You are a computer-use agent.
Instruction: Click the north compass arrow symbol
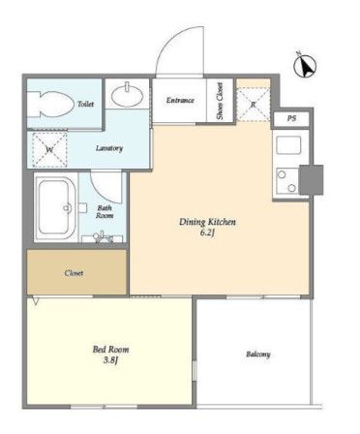(305, 66)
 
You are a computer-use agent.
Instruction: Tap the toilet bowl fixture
(50, 105)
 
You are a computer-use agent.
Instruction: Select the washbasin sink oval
(128, 95)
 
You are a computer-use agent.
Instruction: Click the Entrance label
(180, 101)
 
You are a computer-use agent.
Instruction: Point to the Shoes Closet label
(220, 101)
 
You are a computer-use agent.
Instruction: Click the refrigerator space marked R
(254, 105)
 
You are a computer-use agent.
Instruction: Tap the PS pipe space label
(291, 119)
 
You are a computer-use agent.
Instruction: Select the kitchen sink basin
(288, 145)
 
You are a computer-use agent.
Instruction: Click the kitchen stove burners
(287, 181)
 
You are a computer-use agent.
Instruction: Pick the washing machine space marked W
(49, 150)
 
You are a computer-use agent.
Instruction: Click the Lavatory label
(109, 148)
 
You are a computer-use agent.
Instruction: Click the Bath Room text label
(105, 212)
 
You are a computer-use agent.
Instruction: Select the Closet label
(74, 273)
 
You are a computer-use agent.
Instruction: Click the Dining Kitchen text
(207, 222)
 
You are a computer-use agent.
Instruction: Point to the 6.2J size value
(207, 233)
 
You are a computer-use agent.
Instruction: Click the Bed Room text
(110, 350)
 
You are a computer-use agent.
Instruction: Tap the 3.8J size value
(110, 360)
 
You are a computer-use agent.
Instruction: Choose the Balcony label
(258, 355)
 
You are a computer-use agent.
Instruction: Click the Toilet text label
(85, 104)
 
